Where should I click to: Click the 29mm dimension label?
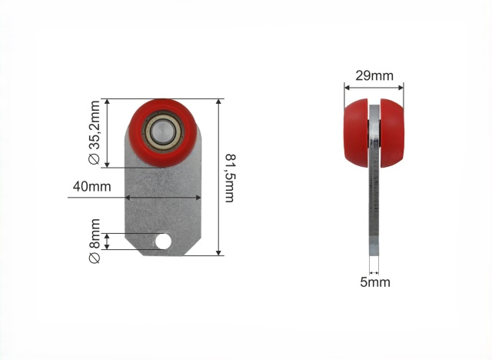pos(374,76)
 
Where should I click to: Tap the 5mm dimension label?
pos(375,282)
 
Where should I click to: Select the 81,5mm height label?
pos(231,178)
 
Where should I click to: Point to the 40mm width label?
pos(92,186)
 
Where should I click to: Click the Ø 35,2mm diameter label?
pos(95,132)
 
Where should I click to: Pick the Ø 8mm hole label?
pos(95,241)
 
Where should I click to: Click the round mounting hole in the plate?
pos(163,242)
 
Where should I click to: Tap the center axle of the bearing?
pos(161,132)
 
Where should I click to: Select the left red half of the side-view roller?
pos(356,133)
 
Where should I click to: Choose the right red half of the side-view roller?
pos(392,133)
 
